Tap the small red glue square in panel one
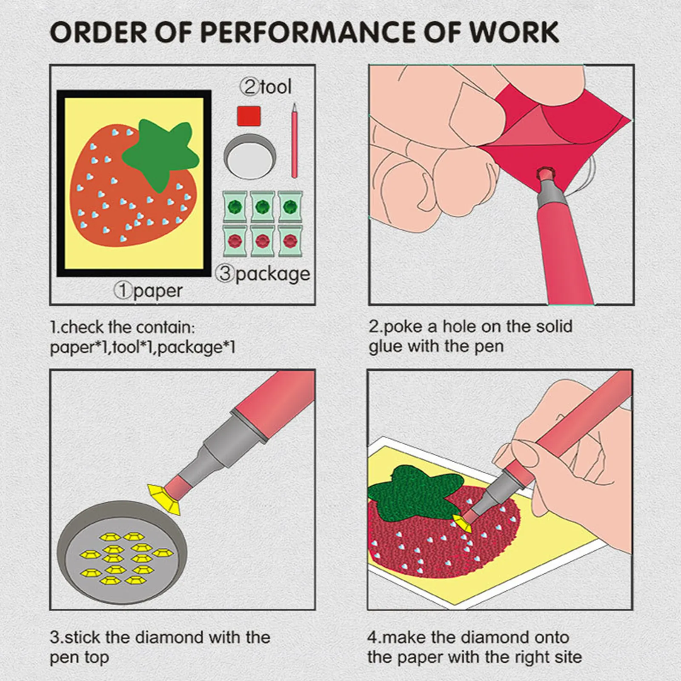249,116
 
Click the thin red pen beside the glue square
294,140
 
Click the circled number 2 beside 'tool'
249,87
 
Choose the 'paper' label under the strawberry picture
158,292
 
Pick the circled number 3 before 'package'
225,273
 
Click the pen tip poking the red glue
544,175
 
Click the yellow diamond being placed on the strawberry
462,522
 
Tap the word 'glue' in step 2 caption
385,347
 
